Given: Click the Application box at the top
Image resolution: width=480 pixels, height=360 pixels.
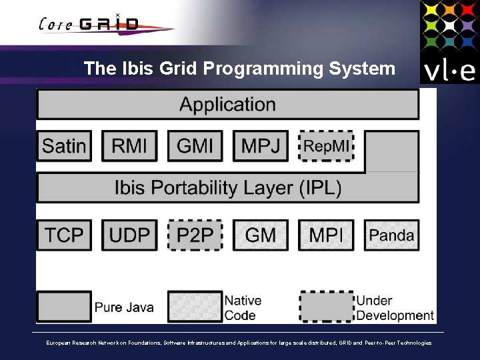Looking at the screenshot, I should click(x=227, y=105).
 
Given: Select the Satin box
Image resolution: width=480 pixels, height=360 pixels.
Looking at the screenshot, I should click(x=64, y=146).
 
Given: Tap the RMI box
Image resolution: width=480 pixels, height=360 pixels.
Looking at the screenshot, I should click(x=129, y=146).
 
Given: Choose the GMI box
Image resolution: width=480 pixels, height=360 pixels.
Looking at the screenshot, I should click(x=195, y=146).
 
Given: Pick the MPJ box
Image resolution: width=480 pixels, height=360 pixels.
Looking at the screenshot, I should click(x=261, y=146).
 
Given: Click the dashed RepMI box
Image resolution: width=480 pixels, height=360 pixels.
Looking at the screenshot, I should click(x=326, y=146).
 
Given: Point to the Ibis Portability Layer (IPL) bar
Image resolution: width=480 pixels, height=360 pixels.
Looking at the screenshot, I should click(x=227, y=188).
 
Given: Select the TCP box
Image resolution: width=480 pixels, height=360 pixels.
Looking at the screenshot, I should click(x=64, y=235).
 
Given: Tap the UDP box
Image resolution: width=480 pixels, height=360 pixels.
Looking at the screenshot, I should click(x=129, y=235).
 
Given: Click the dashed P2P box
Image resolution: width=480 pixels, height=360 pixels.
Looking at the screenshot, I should click(x=195, y=235).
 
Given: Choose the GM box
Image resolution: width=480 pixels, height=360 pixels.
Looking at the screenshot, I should click(x=261, y=235).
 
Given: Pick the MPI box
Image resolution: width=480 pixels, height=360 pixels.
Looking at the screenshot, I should click(x=326, y=235).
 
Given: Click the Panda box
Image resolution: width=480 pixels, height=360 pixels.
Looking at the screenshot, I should click(x=391, y=235).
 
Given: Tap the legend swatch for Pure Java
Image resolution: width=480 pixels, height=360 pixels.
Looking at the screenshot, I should click(x=64, y=307).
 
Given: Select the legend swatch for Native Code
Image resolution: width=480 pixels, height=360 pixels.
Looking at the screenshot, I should click(x=195, y=307).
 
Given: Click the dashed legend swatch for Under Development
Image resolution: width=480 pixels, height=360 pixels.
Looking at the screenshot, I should click(x=326, y=307).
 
